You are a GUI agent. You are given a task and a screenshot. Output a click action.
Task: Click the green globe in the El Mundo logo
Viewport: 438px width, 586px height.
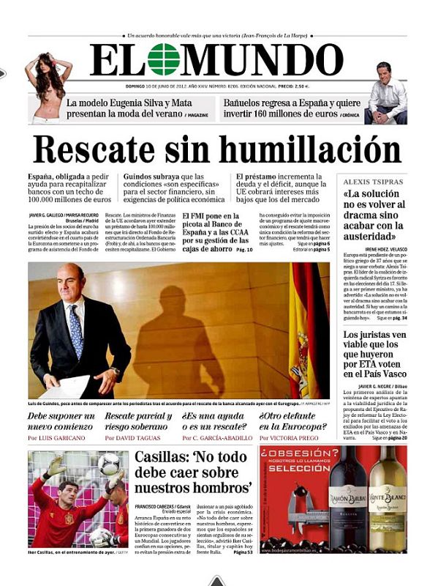tap(162, 59)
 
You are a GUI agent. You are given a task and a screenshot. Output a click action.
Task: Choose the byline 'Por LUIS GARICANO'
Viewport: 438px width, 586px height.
tap(56, 438)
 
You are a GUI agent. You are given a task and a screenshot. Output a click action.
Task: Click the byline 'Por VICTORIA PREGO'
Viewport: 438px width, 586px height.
tap(290, 438)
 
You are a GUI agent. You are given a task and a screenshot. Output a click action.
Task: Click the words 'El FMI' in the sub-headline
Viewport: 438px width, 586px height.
tap(197, 216)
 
